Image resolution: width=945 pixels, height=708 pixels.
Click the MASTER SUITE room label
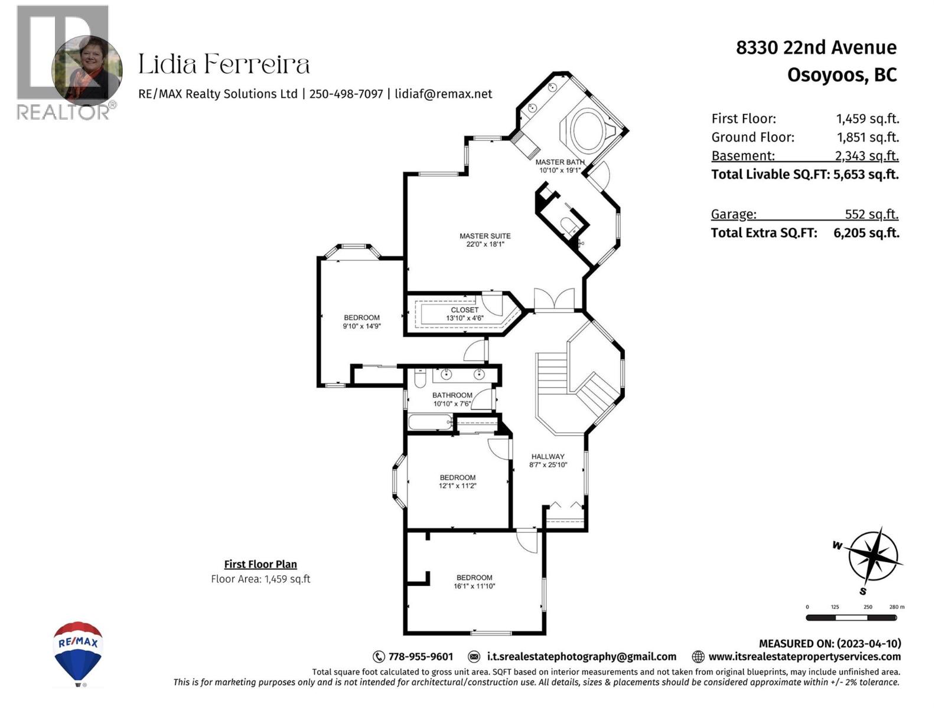click(x=485, y=240)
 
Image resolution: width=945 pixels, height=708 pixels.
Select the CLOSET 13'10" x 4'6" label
click(x=465, y=314)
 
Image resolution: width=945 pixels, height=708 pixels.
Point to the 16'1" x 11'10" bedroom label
click(x=474, y=582)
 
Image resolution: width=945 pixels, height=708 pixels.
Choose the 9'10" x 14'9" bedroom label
click(x=361, y=322)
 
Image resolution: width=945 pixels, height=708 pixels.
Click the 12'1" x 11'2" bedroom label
click(x=457, y=481)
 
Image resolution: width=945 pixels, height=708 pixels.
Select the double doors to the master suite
click(x=554, y=299)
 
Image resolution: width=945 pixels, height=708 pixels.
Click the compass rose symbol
click(x=873, y=556)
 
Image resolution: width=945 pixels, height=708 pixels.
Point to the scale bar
click(x=851, y=618)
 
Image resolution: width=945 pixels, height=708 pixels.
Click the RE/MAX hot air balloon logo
click(x=78, y=652)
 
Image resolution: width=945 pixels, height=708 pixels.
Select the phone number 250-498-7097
click(x=346, y=94)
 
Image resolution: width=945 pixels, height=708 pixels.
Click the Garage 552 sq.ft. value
click(x=871, y=214)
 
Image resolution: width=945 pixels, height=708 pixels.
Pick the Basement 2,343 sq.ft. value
click(x=866, y=156)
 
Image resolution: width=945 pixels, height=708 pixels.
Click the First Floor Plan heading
click(x=260, y=564)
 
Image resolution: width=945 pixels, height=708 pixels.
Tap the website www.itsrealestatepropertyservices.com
click(x=804, y=657)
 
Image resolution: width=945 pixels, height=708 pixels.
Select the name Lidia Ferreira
click(x=224, y=64)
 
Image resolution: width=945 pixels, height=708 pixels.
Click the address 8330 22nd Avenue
click(x=816, y=47)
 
